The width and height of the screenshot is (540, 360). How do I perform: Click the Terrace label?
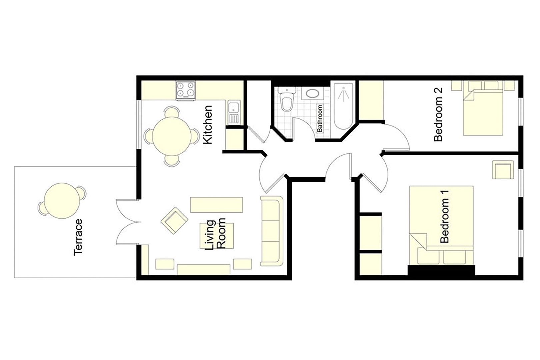pyautogui.click(x=78, y=237)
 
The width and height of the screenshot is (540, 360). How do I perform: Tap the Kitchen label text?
pyautogui.click(x=208, y=125)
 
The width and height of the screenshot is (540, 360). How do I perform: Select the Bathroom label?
pyautogui.click(x=320, y=118)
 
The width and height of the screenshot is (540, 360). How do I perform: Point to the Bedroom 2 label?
pyautogui.click(x=438, y=114)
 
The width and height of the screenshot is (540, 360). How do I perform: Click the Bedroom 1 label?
pyautogui.click(x=445, y=216)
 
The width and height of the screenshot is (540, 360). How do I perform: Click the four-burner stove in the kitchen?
pyautogui.click(x=185, y=90)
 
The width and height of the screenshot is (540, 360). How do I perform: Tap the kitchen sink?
pyautogui.click(x=234, y=112)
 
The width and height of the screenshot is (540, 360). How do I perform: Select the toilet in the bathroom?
pyautogui.click(x=287, y=99)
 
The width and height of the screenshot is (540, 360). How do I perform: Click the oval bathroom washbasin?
pyautogui.click(x=312, y=93)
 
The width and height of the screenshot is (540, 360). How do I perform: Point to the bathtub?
pyautogui.click(x=344, y=106)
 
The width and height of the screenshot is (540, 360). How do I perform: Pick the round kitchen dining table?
pyautogui.click(x=172, y=136)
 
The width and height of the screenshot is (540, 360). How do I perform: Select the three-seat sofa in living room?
pyautogui.click(x=272, y=231)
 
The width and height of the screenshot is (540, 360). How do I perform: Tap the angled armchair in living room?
pyautogui.click(x=174, y=220)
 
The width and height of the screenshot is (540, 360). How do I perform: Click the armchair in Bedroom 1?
pyautogui.click(x=503, y=170)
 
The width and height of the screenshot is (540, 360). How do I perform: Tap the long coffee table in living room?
pyautogui.click(x=216, y=205)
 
